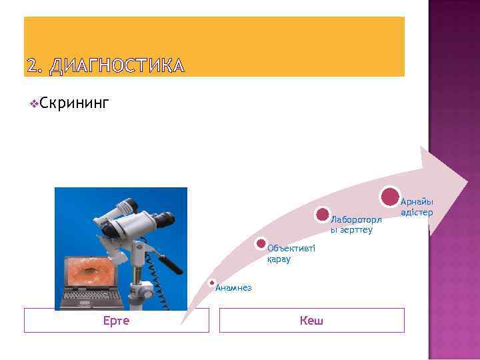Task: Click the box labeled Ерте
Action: (x=116, y=321)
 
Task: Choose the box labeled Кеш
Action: (x=311, y=321)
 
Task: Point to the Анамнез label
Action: (x=233, y=287)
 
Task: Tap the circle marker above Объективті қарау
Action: (x=261, y=244)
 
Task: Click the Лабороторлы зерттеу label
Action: (x=355, y=225)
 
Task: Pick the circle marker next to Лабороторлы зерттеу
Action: (x=323, y=215)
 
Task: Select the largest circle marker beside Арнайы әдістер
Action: (x=389, y=197)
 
